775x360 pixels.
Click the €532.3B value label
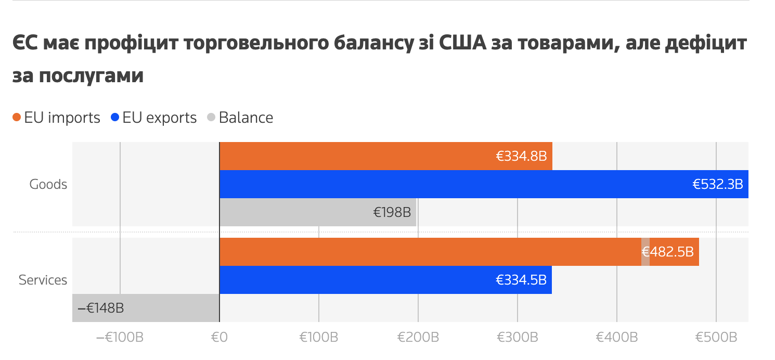click(x=717, y=184)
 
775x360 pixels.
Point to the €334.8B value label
click(x=521, y=156)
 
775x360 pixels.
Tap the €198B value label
click(x=392, y=212)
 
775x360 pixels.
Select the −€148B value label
click(x=100, y=308)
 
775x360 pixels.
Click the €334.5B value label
click(x=521, y=280)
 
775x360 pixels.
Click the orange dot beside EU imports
click(x=17, y=118)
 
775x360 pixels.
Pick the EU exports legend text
click(x=160, y=118)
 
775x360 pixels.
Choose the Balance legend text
click(x=246, y=118)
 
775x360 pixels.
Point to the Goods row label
click(x=48, y=184)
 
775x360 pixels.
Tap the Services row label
click(x=43, y=280)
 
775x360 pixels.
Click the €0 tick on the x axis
click(x=219, y=337)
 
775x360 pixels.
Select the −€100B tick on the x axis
click(x=120, y=337)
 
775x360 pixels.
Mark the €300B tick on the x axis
click(x=518, y=337)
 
